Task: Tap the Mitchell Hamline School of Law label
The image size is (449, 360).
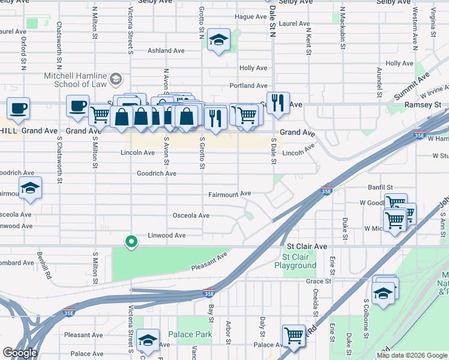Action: (x=75, y=80)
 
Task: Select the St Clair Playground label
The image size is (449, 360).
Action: (x=295, y=261)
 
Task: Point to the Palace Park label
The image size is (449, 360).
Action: (x=190, y=334)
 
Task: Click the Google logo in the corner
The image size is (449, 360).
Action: (x=20, y=353)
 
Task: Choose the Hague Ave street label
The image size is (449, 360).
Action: (x=250, y=17)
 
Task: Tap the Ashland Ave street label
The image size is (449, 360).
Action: (x=167, y=51)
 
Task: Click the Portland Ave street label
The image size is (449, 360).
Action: (x=253, y=86)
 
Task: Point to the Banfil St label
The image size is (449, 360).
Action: (x=380, y=187)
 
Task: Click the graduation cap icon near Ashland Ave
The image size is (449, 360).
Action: (x=218, y=41)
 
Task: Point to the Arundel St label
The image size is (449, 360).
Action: (x=379, y=82)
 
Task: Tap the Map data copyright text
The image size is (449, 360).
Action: (x=412, y=355)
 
